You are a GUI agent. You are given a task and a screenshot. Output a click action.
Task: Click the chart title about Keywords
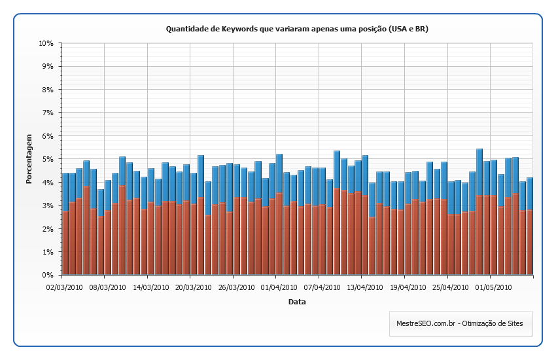click(x=297, y=29)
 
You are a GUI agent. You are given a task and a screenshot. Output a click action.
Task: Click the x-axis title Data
click(x=297, y=302)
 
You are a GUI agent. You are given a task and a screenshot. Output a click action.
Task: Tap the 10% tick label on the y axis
click(x=45, y=43)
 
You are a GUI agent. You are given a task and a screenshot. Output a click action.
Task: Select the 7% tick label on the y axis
click(x=47, y=113)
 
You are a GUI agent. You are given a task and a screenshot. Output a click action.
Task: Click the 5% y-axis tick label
click(x=47, y=159)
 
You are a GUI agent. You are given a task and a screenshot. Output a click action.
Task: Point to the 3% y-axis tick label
click(x=47, y=206)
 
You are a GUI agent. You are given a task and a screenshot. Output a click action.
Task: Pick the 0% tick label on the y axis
click(x=47, y=275)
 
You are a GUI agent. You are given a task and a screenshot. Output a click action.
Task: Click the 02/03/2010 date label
click(x=64, y=287)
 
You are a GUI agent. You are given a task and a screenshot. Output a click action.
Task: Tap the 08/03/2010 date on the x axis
click(x=105, y=287)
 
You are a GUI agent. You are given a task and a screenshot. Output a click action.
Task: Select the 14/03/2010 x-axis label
click(x=148, y=287)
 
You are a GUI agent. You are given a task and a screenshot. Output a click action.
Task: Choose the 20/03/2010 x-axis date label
click(x=191, y=287)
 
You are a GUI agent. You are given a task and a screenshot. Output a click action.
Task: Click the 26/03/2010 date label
click(x=234, y=287)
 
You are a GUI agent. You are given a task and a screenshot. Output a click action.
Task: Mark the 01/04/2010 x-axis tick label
click(x=277, y=287)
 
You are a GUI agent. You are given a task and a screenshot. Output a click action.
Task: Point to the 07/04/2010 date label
click(x=320, y=287)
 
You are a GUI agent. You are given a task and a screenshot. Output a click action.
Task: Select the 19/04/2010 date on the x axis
click(x=406, y=287)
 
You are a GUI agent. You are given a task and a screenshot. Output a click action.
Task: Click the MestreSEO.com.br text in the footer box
click(x=425, y=323)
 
